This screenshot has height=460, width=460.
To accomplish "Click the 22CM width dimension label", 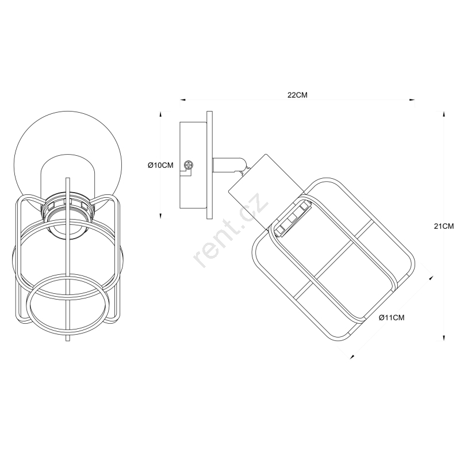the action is pyautogui.click(x=297, y=95).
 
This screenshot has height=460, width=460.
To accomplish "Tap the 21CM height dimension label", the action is pyautogui.click(x=444, y=226).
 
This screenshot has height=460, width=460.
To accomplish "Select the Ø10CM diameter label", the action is pyautogui.click(x=160, y=166).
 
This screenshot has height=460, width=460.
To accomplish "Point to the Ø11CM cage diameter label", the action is pyautogui.click(x=392, y=317).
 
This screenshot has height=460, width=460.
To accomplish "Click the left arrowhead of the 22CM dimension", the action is pyautogui.click(x=183, y=99).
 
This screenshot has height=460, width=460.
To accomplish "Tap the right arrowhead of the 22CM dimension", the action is pyautogui.click(x=412, y=99).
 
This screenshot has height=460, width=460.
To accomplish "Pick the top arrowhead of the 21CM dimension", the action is pyautogui.click(x=444, y=114).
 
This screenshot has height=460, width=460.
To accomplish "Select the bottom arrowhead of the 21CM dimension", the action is pyautogui.click(x=444, y=338).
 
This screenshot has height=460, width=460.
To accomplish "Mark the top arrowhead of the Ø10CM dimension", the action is pyautogui.click(x=160, y=114).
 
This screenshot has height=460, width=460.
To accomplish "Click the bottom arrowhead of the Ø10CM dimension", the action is pyautogui.click(x=160, y=216).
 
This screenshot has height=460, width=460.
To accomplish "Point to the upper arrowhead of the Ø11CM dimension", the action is pyautogui.click(x=431, y=278).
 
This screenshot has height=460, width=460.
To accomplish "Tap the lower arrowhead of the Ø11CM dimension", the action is pyautogui.click(x=352, y=356).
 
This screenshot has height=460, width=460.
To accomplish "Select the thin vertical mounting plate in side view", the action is pyautogui.click(x=209, y=165).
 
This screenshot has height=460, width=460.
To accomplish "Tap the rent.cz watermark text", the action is pyautogui.click(x=231, y=230).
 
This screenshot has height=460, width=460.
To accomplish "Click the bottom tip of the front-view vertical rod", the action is pyautogui.click(x=68, y=340).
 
